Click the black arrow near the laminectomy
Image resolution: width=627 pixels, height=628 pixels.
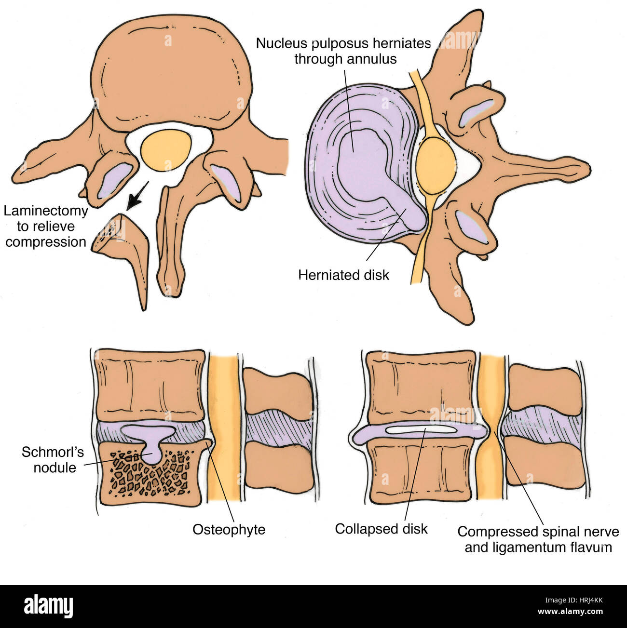(x=136, y=196)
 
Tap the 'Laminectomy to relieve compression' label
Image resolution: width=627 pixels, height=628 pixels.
(x=46, y=226)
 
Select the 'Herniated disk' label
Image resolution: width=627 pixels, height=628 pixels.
(x=343, y=275)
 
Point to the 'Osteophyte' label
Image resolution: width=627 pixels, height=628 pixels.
(x=229, y=529)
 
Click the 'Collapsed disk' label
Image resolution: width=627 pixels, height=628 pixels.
(x=381, y=529)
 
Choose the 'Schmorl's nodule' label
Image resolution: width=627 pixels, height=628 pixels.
(x=53, y=460)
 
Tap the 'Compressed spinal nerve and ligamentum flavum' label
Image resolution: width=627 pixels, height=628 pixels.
(x=538, y=539)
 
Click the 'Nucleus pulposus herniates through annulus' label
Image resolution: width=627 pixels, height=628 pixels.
(x=343, y=51)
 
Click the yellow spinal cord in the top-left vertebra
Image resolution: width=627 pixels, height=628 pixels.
(x=165, y=150)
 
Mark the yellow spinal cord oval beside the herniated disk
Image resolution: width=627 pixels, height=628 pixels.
(x=435, y=162)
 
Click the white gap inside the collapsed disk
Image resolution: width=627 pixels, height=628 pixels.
(x=421, y=428)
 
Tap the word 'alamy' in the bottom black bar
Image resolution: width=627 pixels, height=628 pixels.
(x=48, y=605)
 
